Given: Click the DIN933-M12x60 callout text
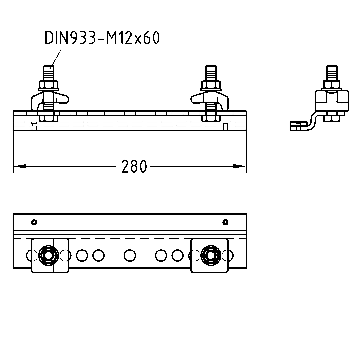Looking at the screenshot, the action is click(x=102, y=38).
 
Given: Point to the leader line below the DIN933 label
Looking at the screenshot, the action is click(x=57, y=57).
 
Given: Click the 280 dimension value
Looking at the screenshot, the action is click(x=134, y=166).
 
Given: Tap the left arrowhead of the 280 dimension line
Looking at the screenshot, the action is click(x=20, y=166).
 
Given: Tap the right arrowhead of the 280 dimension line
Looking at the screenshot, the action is click(x=239, y=166).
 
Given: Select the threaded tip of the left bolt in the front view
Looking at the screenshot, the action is click(x=49, y=72).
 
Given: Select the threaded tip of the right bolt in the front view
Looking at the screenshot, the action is click(x=211, y=72).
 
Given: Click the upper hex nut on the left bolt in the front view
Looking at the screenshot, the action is click(x=49, y=85).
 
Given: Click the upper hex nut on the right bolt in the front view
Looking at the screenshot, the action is click(x=211, y=85).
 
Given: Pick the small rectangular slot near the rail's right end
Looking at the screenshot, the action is click(x=225, y=127).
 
